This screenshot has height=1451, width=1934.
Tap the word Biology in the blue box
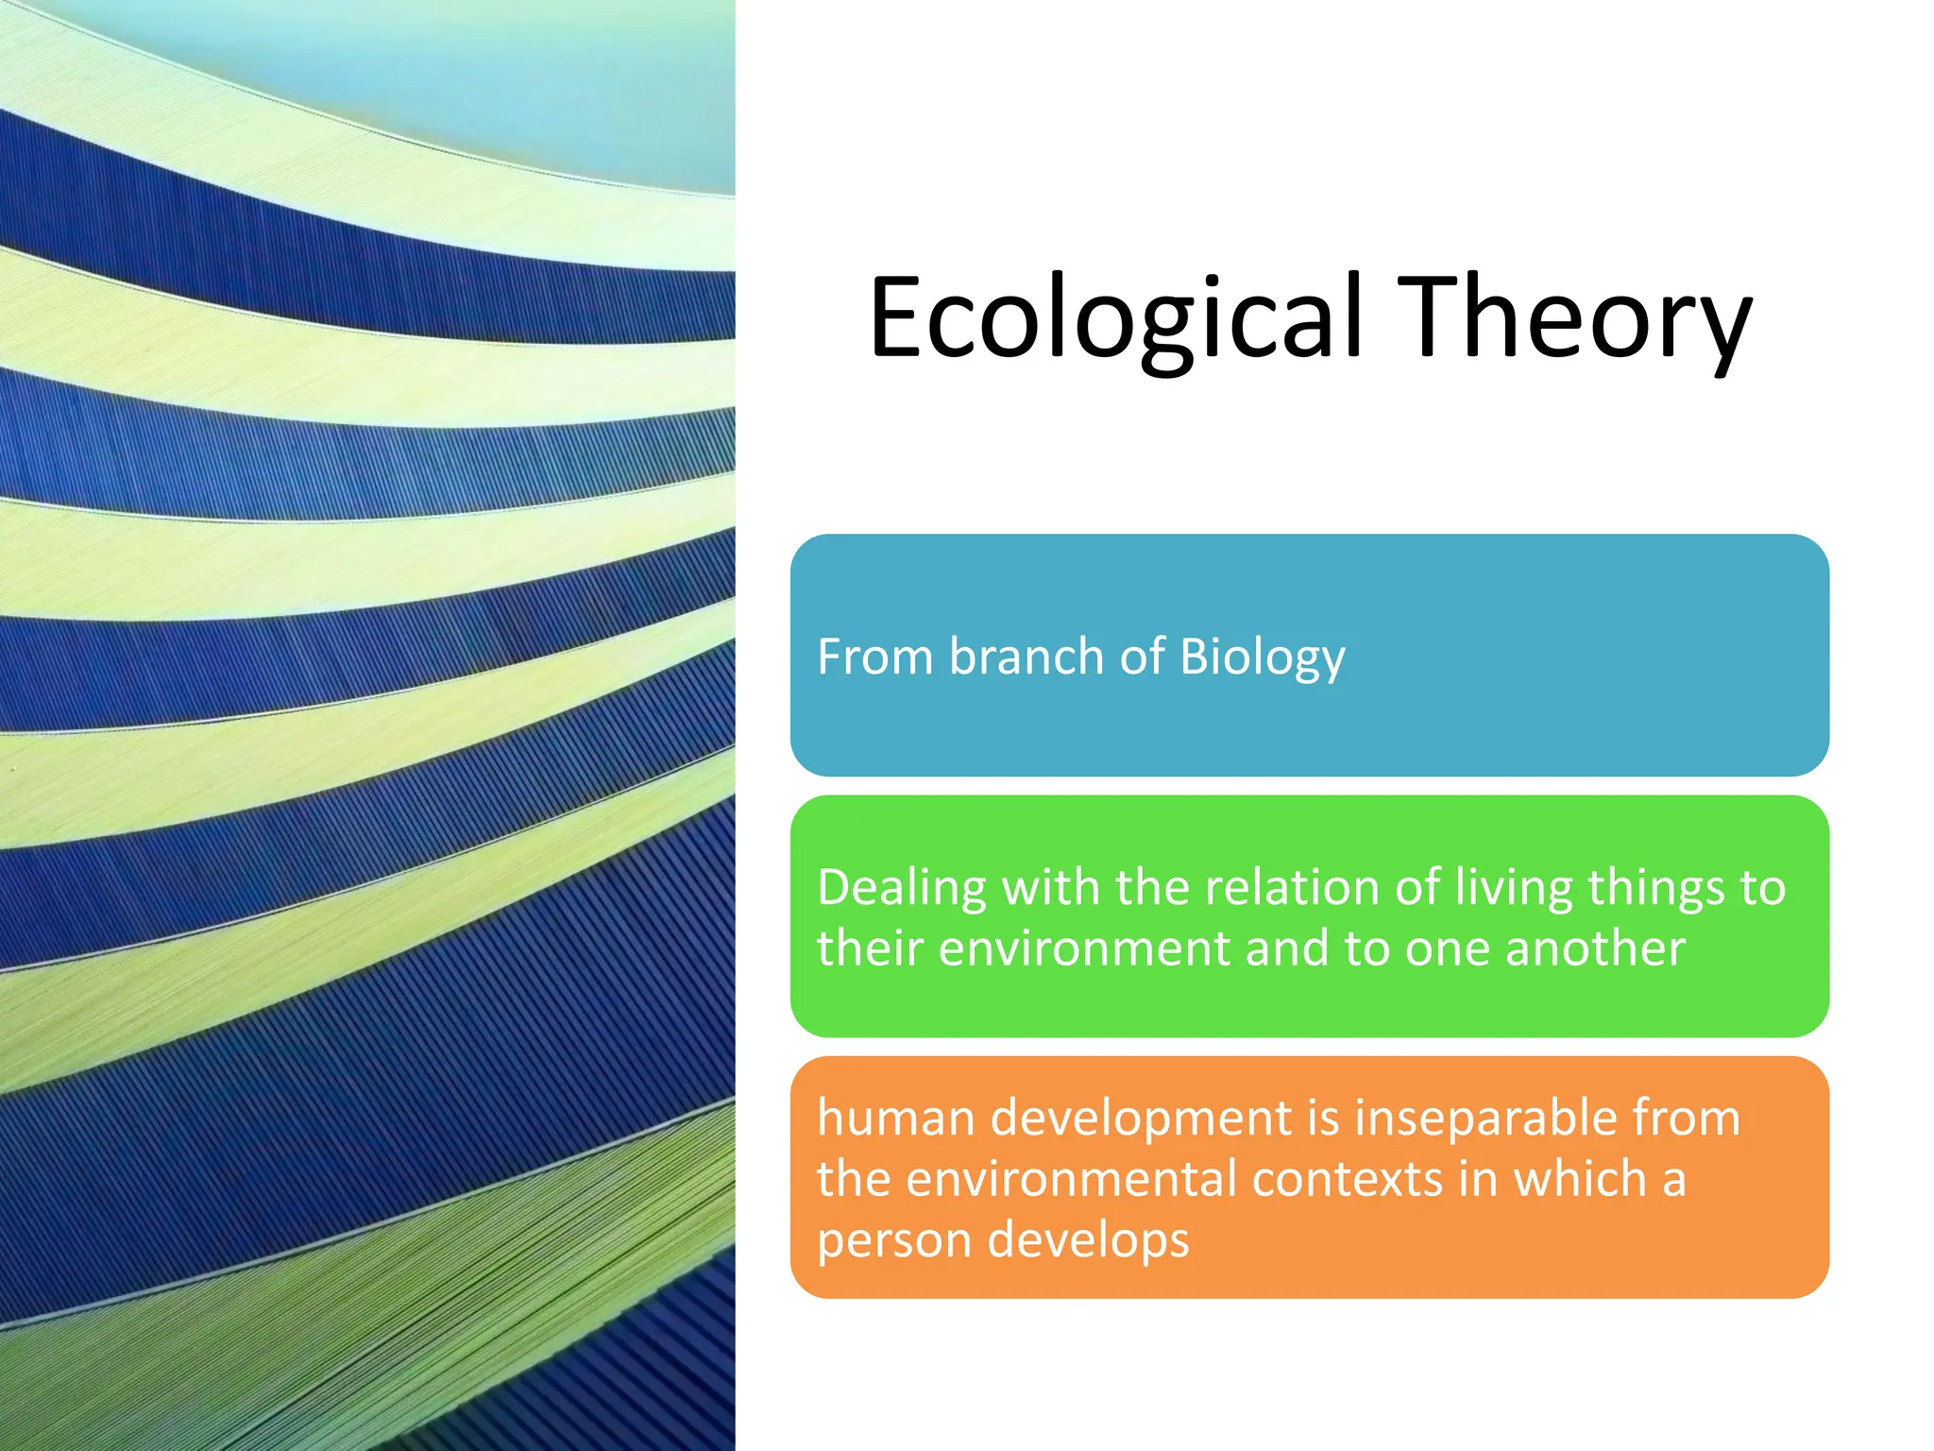tap(1262, 657)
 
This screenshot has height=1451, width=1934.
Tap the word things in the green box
tap(1655, 890)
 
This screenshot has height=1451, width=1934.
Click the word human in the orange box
tap(896, 1118)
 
